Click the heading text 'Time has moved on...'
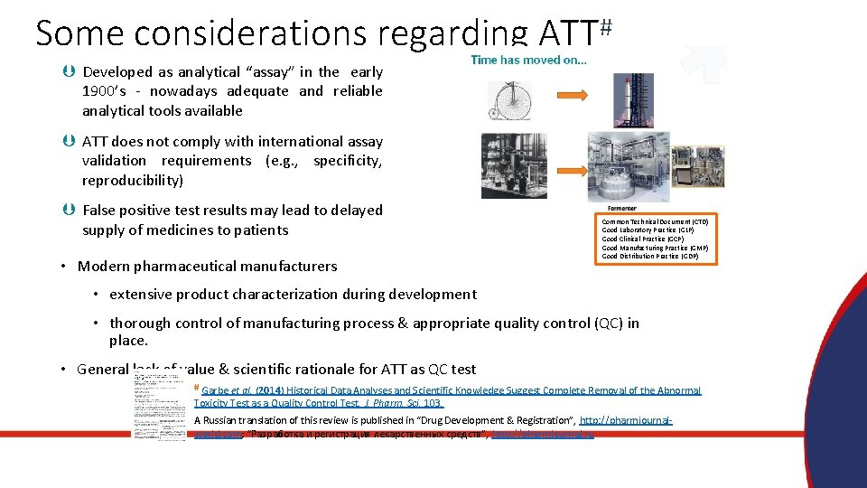(528, 60)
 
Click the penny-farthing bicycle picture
(510, 101)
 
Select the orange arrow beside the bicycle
(567, 94)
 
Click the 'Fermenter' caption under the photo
(622, 209)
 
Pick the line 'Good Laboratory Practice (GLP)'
(648, 230)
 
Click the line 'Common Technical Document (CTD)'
(655, 221)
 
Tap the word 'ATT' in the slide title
(566, 33)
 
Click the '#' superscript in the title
(606, 27)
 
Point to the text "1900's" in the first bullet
(107, 91)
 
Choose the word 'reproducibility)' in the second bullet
(132, 180)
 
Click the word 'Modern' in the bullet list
(105, 267)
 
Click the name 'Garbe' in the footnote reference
(216, 391)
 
